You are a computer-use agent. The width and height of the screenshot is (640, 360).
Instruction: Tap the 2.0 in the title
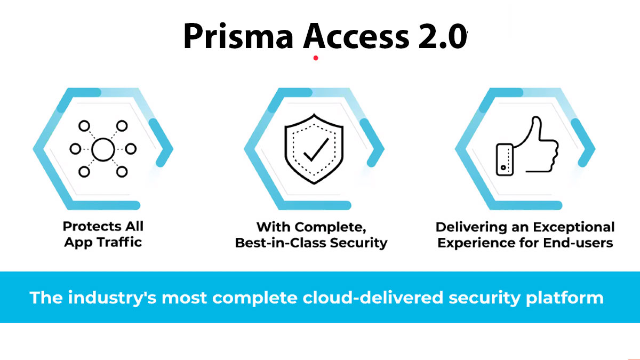click(443, 37)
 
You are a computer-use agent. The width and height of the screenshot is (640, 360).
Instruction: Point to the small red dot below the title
click(316, 58)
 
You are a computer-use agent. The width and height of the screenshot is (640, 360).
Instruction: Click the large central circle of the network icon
click(103, 149)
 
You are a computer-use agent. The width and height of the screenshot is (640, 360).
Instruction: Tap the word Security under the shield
click(358, 243)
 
